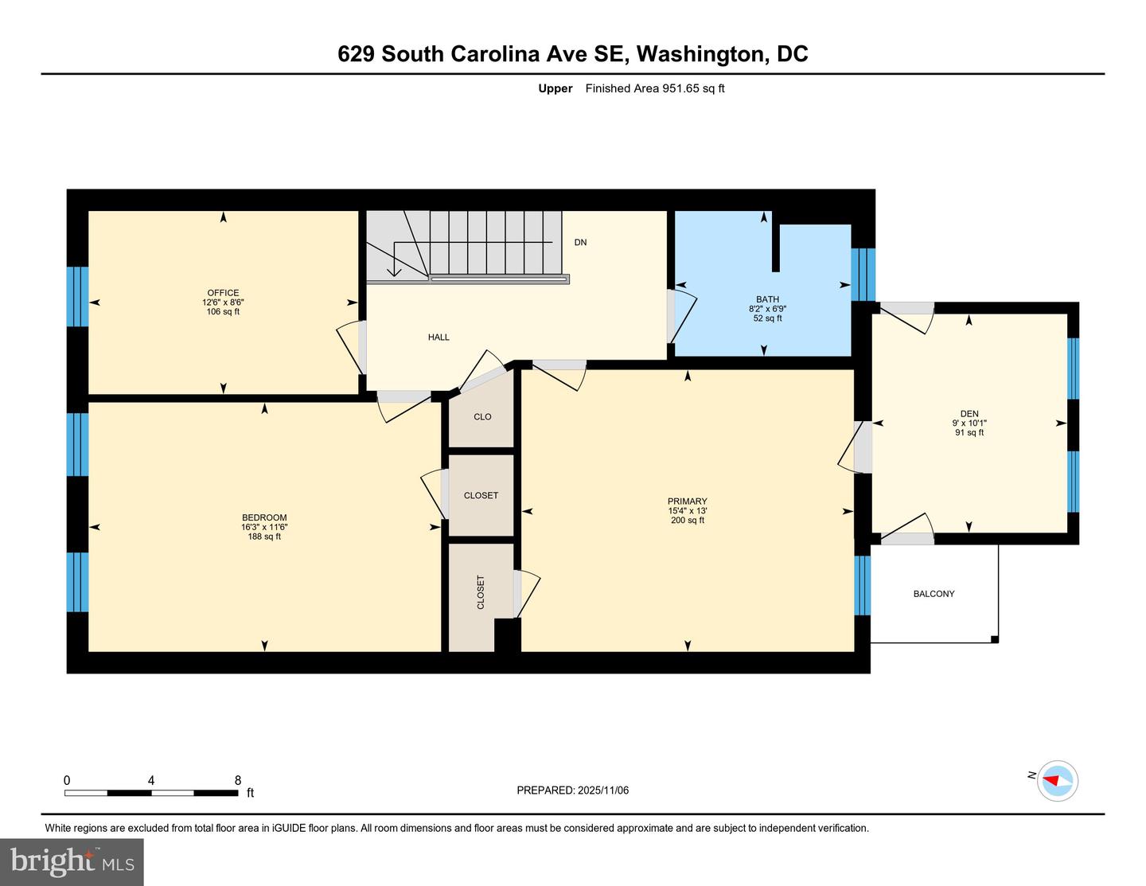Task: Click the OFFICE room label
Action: point(223,293)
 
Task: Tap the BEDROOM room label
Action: point(264,517)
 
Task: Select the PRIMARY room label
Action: point(687,502)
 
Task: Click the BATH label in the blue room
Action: point(767,299)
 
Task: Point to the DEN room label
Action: point(969,414)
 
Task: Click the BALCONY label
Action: point(934,594)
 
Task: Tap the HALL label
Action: point(439,338)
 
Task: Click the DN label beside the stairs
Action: point(580,242)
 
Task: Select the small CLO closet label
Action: point(482,417)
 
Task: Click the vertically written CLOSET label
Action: point(481,592)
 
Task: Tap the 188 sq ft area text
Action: point(264,537)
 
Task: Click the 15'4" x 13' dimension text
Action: point(687,511)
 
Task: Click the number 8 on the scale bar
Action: point(237,781)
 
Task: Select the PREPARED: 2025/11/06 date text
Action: point(572,790)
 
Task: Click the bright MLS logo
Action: point(72,862)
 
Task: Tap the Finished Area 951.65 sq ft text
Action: point(654,88)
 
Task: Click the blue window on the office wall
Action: point(77,297)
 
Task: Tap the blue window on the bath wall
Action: point(863,275)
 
